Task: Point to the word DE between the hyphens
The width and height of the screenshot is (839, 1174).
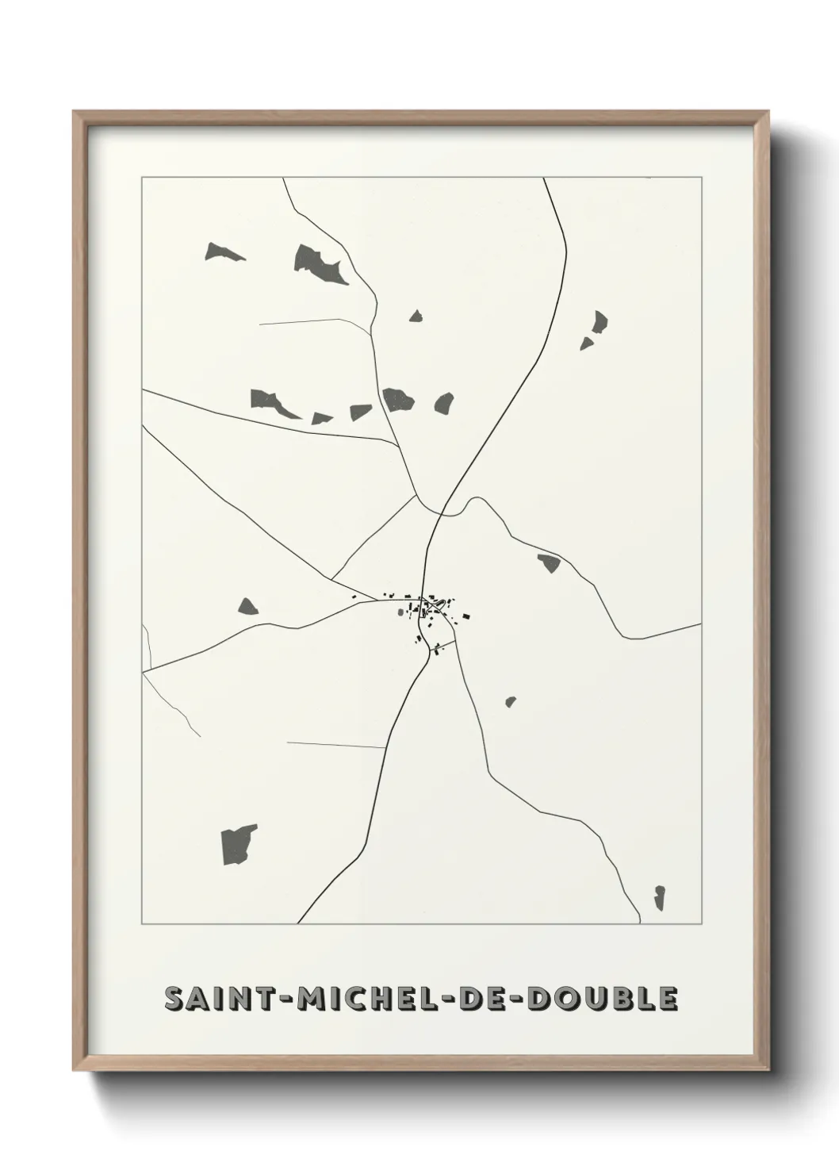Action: (x=491, y=999)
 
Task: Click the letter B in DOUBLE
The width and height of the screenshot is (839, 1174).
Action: (x=625, y=999)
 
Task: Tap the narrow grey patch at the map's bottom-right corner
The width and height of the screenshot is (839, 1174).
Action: (x=659, y=898)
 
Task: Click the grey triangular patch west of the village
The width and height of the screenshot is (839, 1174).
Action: (x=248, y=607)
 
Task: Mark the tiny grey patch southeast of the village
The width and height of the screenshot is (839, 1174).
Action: (x=510, y=702)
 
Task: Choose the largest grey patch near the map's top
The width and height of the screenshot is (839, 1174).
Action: (x=319, y=264)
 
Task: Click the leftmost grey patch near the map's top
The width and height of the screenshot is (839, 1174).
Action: (x=223, y=253)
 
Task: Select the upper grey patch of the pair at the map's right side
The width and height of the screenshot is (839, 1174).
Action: (x=600, y=322)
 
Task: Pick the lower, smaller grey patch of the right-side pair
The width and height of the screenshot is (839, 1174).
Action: (x=586, y=343)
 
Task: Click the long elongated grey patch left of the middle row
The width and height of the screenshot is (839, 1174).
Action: (x=272, y=403)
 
